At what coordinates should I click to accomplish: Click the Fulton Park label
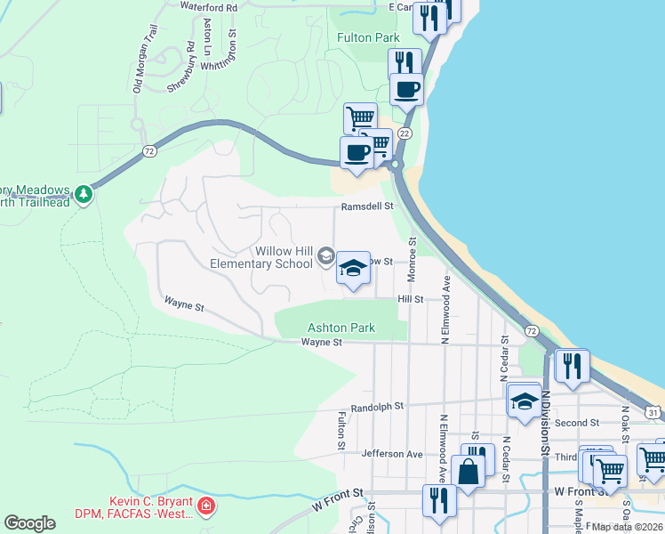[x=367, y=37]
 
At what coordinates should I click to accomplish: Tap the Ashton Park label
[x=341, y=328]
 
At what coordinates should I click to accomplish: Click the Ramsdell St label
[x=367, y=206]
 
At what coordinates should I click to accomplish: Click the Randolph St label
[x=377, y=406]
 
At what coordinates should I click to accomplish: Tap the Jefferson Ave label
[x=392, y=454]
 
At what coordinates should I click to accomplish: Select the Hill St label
[x=410, y=300]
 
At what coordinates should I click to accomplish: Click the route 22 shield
[x=405, y=133]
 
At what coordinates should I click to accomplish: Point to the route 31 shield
[x=653, y=413]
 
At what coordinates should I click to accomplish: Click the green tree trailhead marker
[x=84, y=193]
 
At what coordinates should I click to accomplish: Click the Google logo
[x=29, y=523]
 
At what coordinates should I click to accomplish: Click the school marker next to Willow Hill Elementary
[x=353, y=268]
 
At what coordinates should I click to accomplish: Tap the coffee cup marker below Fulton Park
[x=407, y=90]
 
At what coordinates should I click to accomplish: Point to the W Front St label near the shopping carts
[x=578, y=490]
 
